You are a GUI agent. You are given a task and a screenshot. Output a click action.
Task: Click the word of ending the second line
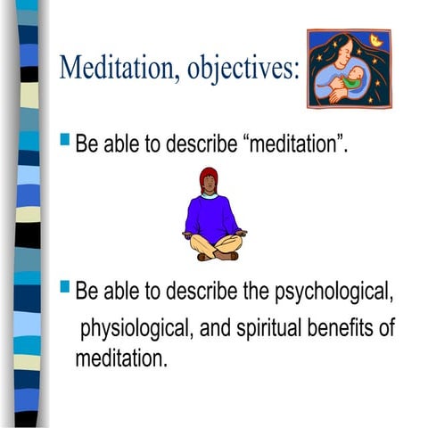pos(386,328)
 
